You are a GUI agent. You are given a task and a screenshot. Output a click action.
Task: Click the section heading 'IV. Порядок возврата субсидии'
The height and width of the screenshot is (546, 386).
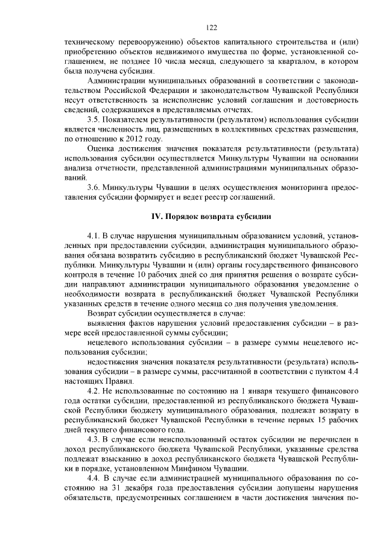coord(210,217)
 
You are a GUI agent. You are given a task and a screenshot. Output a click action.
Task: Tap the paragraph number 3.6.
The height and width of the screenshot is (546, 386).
coord(94,188)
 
